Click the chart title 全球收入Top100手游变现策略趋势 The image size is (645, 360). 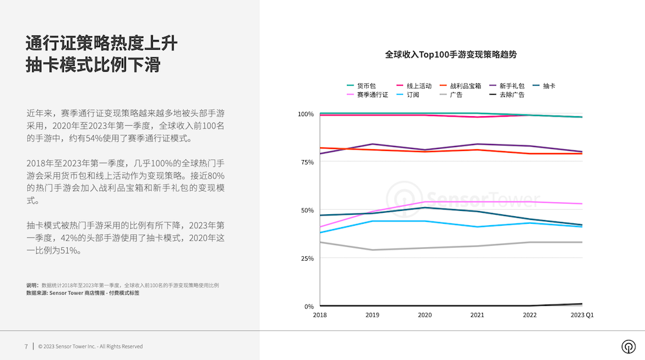click(x=451, y=55)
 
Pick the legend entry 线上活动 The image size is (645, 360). click(x=419, y=85)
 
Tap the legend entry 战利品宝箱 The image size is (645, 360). click(x=465, y=85)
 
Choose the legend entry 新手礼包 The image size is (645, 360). click(x=511, y=85)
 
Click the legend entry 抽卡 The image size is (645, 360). click(x=549, y=85)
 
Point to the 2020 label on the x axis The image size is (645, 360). click(x=425, y=315)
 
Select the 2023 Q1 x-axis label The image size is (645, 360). click(x=581, y=315)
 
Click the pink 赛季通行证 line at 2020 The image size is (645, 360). click(x=425, y=202)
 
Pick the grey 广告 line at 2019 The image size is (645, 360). click(x=373, y=250)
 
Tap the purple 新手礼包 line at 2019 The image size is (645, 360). click(x=373, y=144)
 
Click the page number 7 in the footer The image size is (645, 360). click(x=26, y=346)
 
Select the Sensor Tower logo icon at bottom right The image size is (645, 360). click(x=628, y=346)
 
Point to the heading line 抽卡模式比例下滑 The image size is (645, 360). click(x=93, y=65)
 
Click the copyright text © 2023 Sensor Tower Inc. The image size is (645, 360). click(x=90, y=346)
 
